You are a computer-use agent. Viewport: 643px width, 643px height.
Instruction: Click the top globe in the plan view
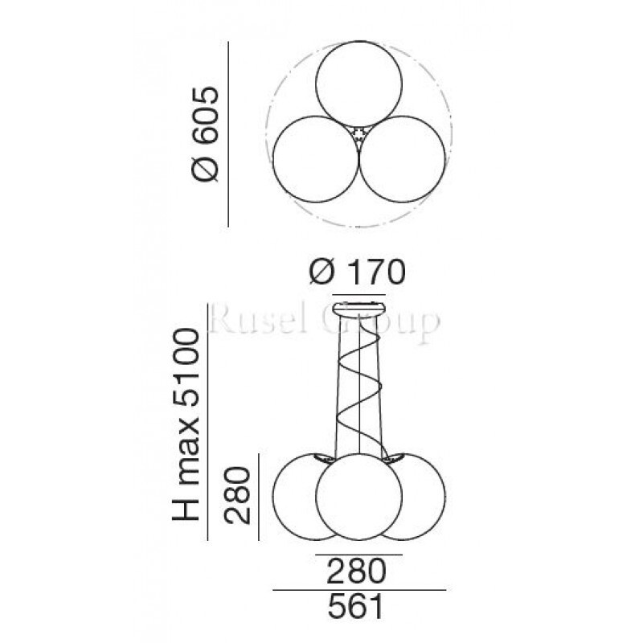point(356,84)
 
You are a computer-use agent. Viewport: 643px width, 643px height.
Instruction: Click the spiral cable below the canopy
point(357,386)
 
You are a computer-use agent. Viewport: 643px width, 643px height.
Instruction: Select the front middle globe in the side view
point(358,498)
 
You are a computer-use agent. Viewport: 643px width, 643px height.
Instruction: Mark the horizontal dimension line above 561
point(358,590)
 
